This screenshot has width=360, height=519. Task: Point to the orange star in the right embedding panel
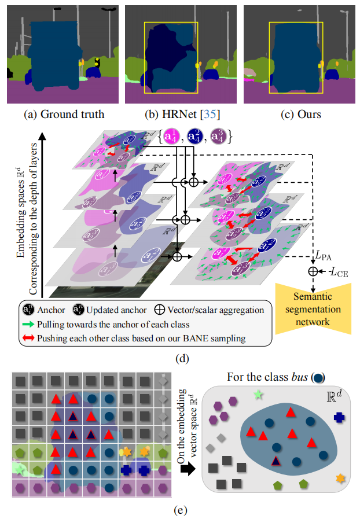click(x=340, y=478)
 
